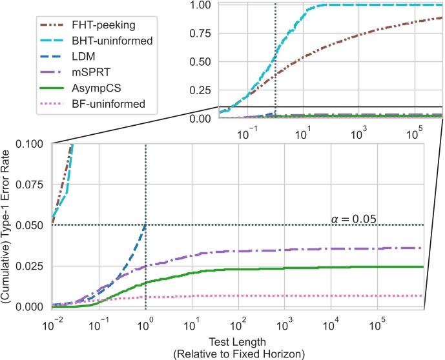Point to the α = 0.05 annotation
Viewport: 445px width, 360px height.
354,219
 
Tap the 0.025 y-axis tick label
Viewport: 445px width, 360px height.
30,266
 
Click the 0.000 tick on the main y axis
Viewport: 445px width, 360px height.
30,307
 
